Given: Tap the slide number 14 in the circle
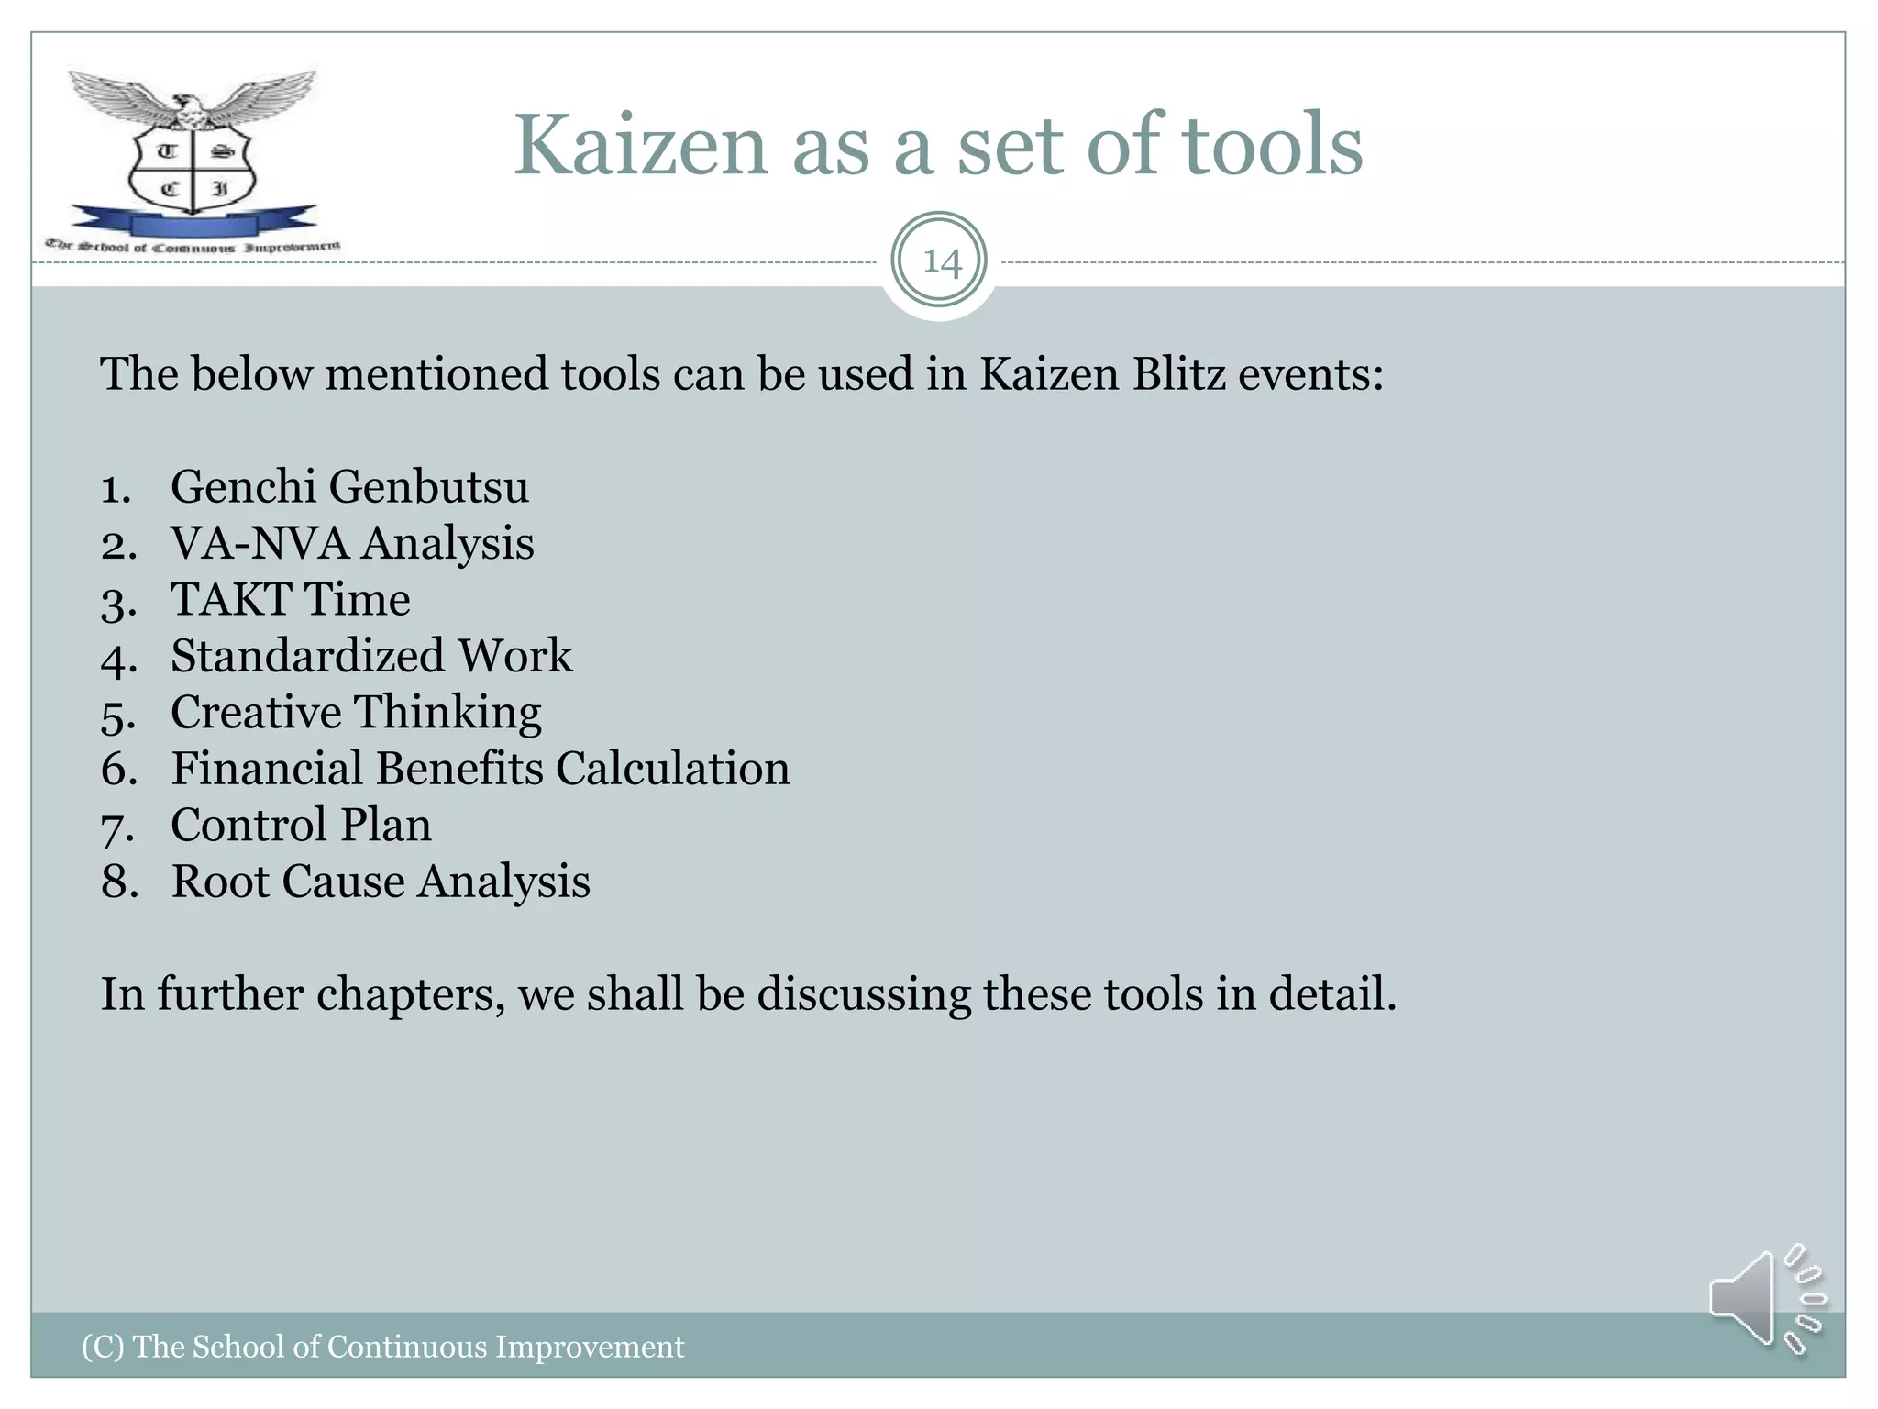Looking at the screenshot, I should pos(941,262).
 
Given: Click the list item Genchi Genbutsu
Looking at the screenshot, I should pos(349,486).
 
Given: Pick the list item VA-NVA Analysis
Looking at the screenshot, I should pos(352,543).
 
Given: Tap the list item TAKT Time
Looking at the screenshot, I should pos(291,600).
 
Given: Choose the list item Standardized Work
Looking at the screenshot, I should pos(371,656).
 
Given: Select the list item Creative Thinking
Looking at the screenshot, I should pos(356,713).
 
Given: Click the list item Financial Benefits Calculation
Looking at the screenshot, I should pos(480,769).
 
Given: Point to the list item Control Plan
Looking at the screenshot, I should pos(301,825).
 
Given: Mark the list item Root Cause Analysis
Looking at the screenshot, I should pos(381,882).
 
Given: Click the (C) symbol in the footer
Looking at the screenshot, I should pos(103,1347).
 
